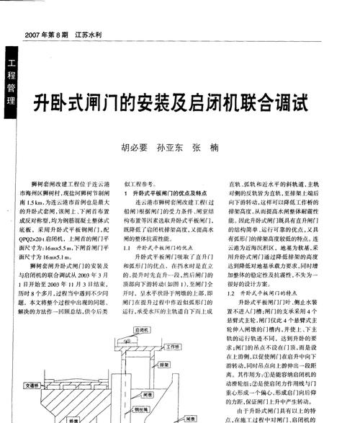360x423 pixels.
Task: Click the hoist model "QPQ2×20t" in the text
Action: [x=38, y=237]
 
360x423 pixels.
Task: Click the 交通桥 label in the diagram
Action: [x=33, y=386]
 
